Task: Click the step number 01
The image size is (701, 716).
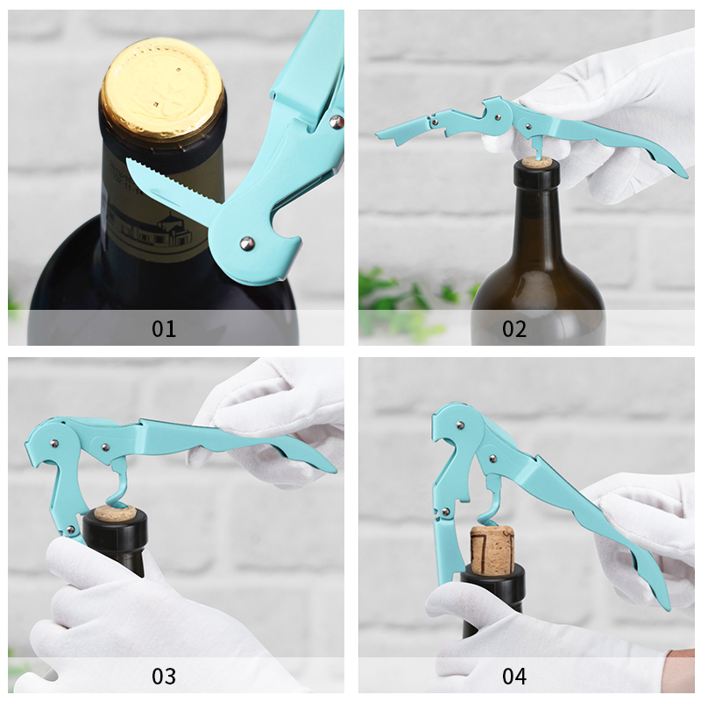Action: coord(164,328)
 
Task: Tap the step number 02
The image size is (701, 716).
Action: coord(514,328)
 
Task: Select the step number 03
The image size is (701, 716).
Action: coord(164,677)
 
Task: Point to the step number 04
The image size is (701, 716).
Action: coord(514,677)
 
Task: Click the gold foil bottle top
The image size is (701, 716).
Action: coord(162,89)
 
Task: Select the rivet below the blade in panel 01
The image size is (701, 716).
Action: coord(247,243)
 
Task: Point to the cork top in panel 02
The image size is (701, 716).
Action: coord(536,162)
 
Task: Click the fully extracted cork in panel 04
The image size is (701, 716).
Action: coord(492,549)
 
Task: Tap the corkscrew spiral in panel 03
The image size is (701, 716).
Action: coord(120,488)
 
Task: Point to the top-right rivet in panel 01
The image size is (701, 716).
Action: coord(336,122)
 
